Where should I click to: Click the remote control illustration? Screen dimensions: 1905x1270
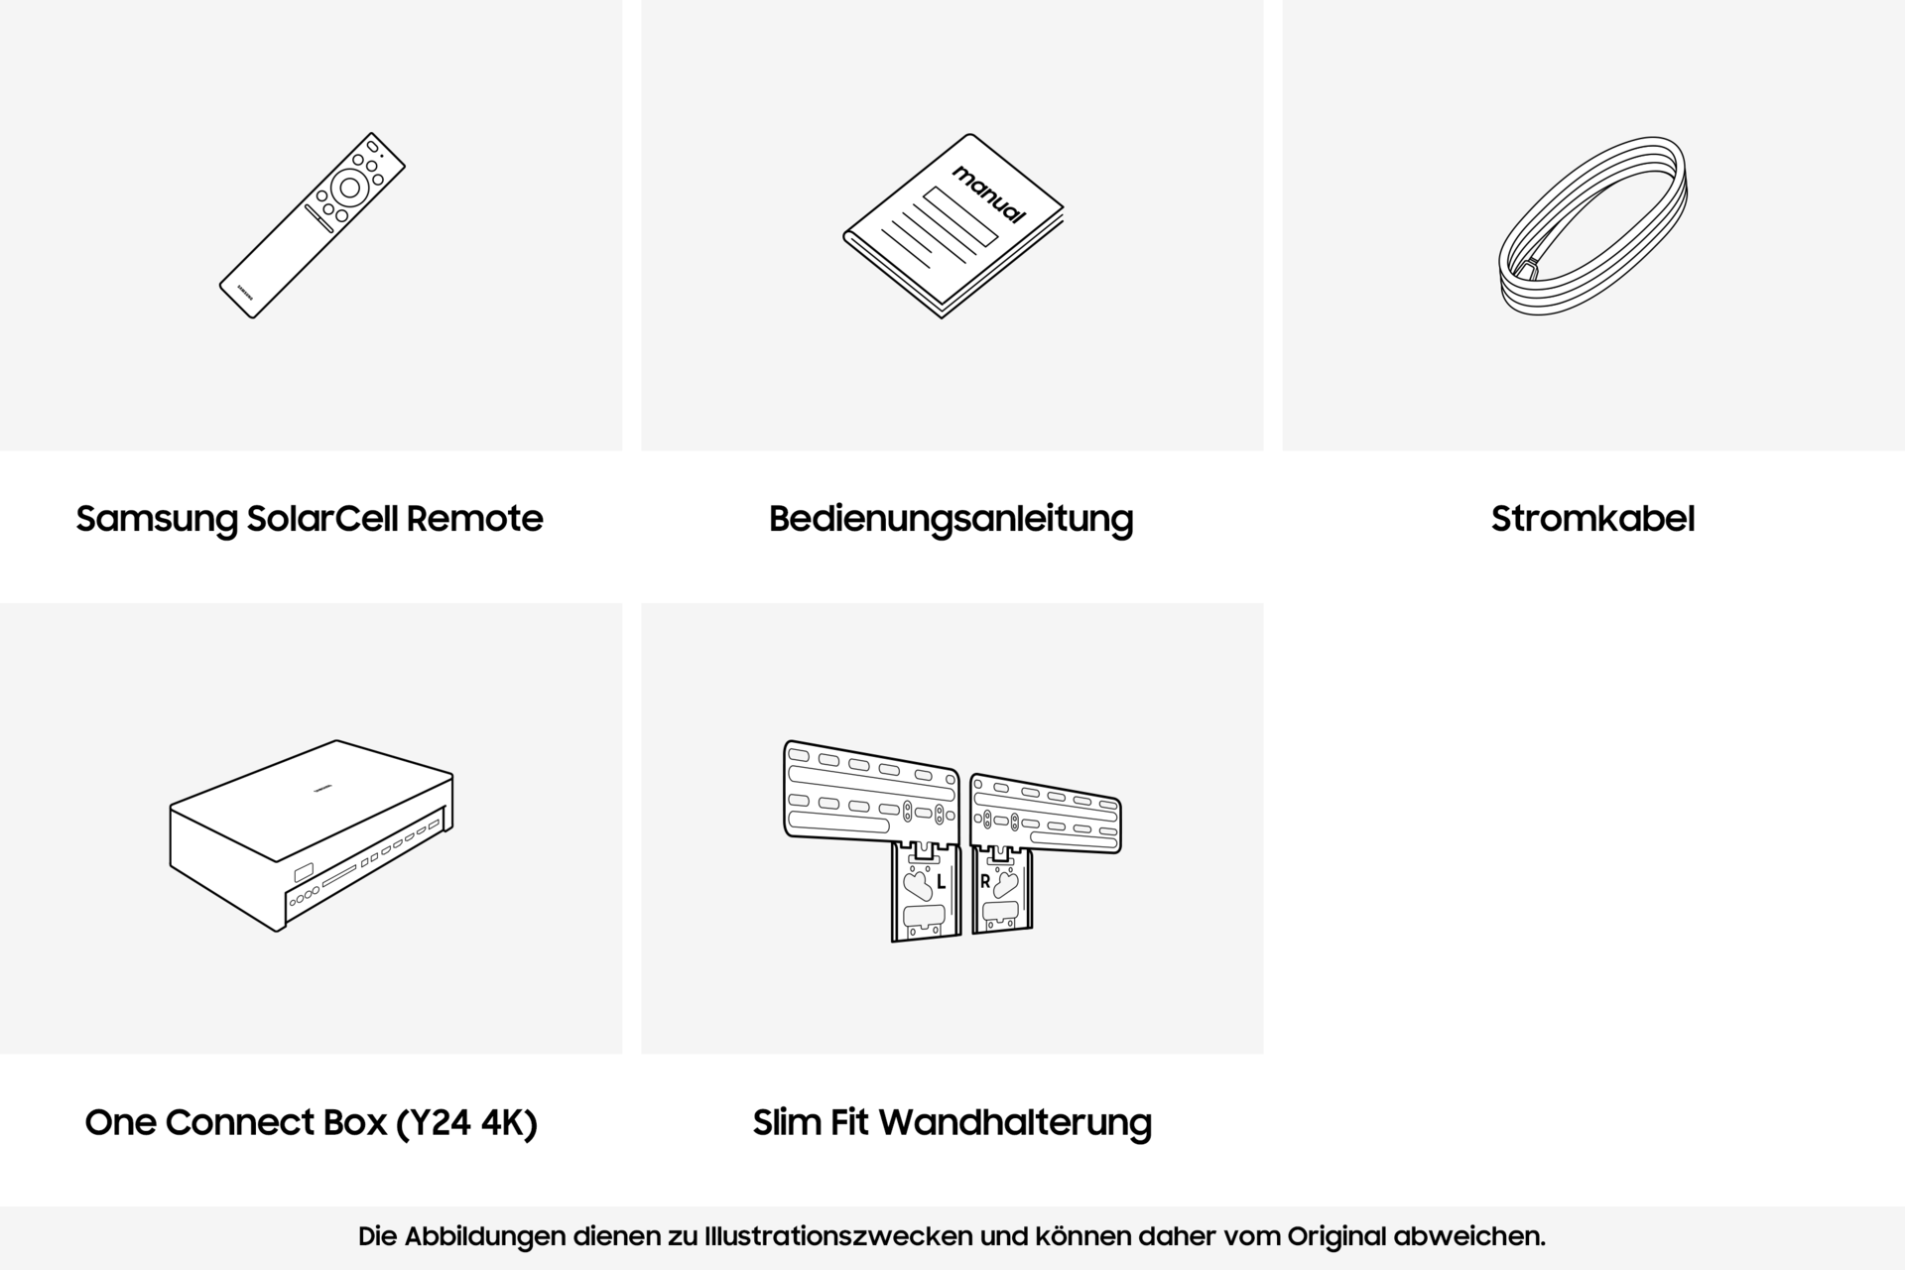[x=312, y=225]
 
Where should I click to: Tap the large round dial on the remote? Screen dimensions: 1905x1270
[x=349, y=187]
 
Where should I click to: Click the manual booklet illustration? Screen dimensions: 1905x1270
[x=953, y=226]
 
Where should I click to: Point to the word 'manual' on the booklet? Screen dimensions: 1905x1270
[x=988, y=194]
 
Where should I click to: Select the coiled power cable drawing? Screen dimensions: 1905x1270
[x=1592, y=226]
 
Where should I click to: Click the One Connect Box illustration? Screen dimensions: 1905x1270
[x=312, y=835]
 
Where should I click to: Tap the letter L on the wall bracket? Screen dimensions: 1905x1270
[x=941, y=882]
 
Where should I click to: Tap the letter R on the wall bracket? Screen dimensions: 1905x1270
[x=984, y=881]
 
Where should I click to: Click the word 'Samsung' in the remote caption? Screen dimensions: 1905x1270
[x=157, y=520]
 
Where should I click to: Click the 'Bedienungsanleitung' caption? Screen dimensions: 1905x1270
[x=951, y=520]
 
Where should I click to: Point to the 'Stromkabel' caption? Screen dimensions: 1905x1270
[x=1592, y=519]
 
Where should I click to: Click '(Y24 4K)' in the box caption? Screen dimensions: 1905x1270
[x=466, y=1123]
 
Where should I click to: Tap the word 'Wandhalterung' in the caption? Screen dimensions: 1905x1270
[x=1015, y=1123]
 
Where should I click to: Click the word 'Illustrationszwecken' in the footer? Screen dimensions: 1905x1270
[x=838, y=1237]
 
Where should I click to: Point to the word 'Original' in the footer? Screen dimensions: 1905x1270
[x=1336, y=1237]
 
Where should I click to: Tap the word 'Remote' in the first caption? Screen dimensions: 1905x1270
[x=474, y=519]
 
